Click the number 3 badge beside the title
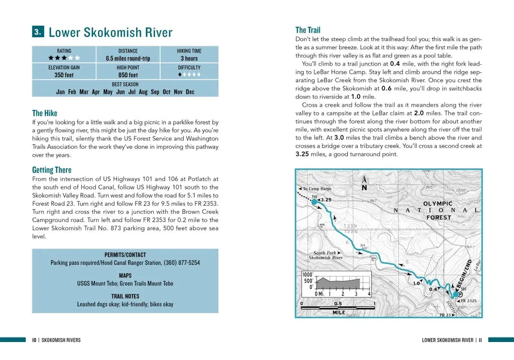[x=38, y=32]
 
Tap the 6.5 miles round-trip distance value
[x=127, y=58]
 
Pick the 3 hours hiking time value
[x=189, y=58]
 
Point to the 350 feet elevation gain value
[x=64, y=75]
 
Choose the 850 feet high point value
[x=127, y=75]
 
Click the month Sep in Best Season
[x=155, y=92]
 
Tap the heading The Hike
[x=45, y=113]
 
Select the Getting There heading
[x=52, y=170]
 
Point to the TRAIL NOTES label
[x=125, y=296]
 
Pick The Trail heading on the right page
[x=308, y=30]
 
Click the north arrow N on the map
[x=364, y=187]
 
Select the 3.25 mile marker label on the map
[x=326, y=199]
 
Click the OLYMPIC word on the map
[x=438, y=204]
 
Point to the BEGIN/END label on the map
[x=464, y=274]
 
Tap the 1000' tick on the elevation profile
[x=307, y=275]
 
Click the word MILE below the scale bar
[x=339, y=312]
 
